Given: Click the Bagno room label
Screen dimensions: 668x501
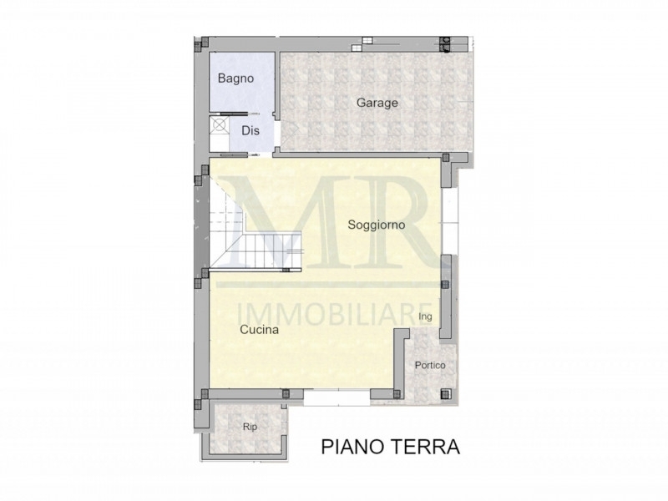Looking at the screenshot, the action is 235,78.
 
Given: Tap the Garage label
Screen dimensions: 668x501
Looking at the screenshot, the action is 377,103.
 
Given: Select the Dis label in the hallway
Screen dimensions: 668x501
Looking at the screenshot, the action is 250,130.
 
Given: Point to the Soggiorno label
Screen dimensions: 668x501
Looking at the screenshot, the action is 377,225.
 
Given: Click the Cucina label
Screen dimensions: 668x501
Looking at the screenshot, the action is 260,329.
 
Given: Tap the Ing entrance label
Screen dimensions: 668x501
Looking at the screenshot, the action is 425,316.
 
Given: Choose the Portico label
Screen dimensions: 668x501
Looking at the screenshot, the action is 430,365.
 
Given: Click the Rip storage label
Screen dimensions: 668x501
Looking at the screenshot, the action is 250,427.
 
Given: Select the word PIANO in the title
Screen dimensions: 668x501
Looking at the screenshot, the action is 351,447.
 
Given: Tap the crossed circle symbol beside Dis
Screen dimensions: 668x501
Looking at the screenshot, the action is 220,125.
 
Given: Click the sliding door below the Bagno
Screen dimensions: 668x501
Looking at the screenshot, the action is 235,114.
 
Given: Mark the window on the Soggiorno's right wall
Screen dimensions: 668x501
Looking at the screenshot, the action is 448,221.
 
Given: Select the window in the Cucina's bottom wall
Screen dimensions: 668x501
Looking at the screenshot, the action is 337,398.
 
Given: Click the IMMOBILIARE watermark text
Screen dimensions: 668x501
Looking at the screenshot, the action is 334,314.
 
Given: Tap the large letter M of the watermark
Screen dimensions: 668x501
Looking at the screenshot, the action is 290,221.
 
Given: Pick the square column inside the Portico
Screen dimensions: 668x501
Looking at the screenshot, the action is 446,393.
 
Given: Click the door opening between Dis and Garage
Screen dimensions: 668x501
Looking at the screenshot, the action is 276,134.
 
